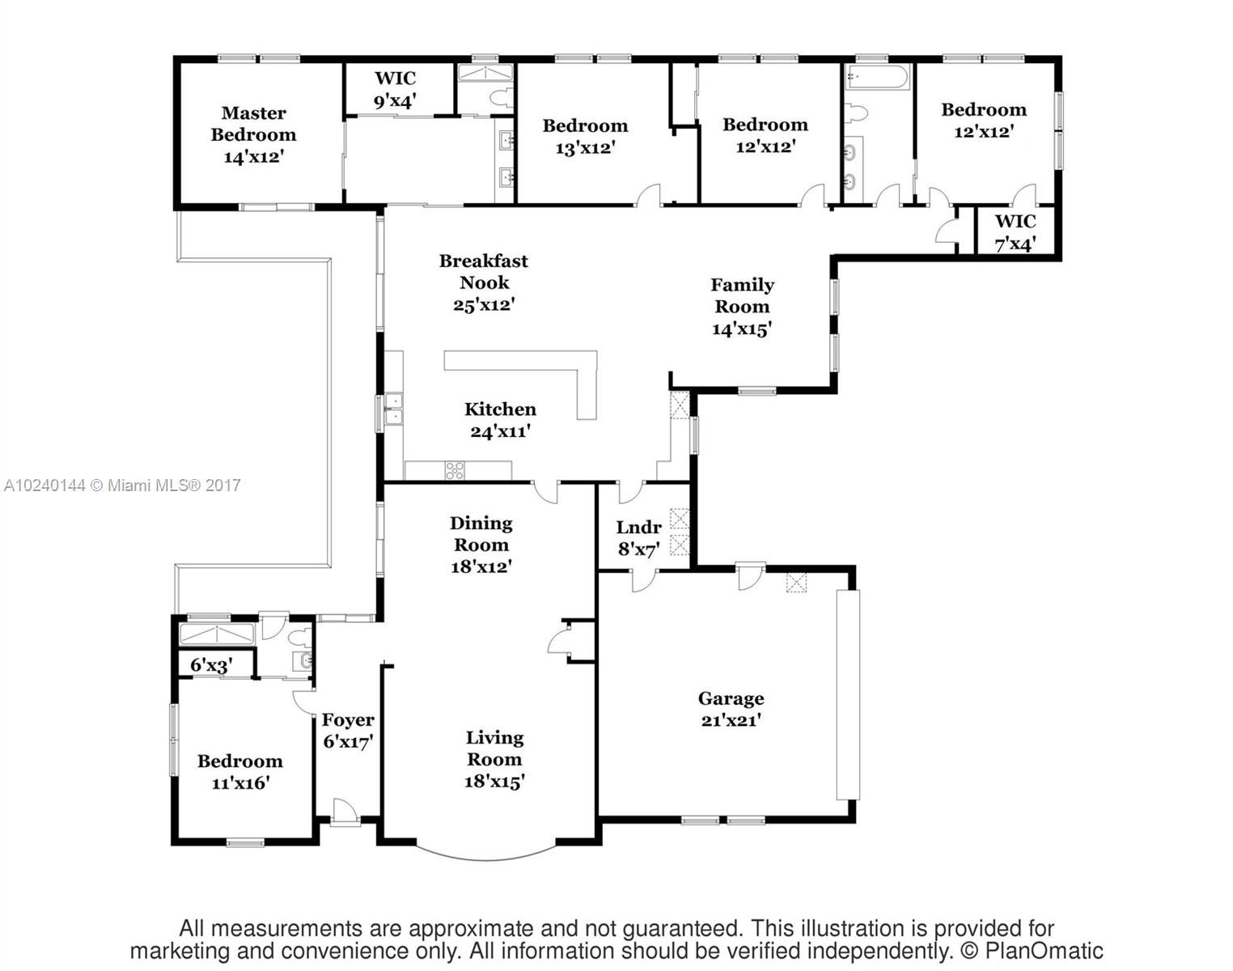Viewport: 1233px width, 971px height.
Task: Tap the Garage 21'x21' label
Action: pos(731,709)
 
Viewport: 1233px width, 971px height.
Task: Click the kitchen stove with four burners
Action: pos(455,470)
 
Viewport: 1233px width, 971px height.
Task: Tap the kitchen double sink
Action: pos(393,409)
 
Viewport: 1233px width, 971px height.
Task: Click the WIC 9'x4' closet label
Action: pos(395,90)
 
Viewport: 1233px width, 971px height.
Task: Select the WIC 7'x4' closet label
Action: pos(1015,233)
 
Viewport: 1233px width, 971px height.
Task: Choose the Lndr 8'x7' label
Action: pos(639,538)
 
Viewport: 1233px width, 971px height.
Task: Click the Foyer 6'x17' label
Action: pos(348,730)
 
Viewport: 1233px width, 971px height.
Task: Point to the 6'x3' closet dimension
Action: pos(211,665)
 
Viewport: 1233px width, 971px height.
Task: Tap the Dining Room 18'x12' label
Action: pos(481,545)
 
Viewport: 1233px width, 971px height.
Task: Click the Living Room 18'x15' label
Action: pos(494,759)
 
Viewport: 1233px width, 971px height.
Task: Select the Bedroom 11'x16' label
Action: pos(240,771)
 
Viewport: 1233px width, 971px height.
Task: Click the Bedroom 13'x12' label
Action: pos(585,137)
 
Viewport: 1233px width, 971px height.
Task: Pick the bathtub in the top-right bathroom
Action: pos(877,77)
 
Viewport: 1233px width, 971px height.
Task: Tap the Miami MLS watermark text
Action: pos(122,485)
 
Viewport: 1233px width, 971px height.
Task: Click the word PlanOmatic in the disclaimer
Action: pos(1044,951)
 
